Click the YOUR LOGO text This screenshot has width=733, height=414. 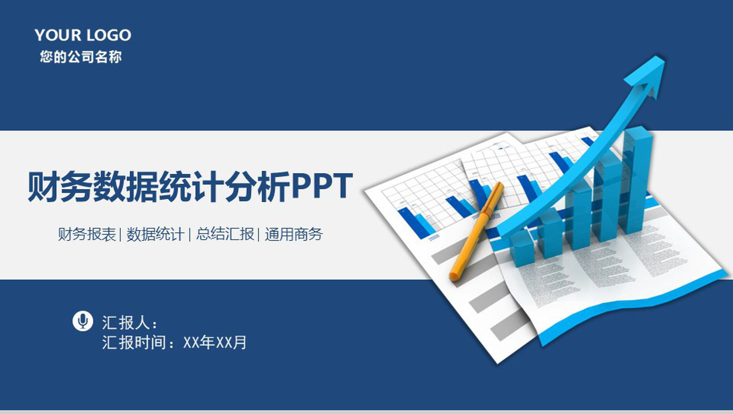[x=83, y=35]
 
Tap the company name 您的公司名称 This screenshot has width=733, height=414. [x=81, y=57]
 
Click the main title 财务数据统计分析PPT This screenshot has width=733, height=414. [x=190, y=187]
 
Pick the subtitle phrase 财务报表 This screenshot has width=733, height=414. [x=87, y=234]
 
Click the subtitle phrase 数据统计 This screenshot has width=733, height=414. [x=155, y=234]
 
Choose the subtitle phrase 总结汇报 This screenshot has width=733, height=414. [x=225, y=234]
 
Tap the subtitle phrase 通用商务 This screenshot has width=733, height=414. [x=294, y=234]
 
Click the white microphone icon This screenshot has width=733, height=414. [x=83, y=321]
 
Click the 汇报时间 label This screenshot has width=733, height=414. [x=134, y=342]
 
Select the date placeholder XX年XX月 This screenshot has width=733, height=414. [x=215, y=342]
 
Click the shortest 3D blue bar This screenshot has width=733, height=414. [x=522, y=249]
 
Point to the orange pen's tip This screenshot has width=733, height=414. [x=454, y=276]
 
